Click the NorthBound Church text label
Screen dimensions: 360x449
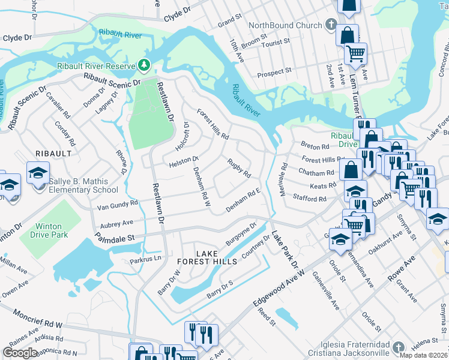point(285,25)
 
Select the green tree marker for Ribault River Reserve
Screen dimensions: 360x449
point(143,64)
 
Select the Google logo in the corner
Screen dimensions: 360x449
point(20,352)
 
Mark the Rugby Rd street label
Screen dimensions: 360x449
point(238,168)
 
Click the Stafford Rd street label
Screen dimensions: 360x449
point(309,197)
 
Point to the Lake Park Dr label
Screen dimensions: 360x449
point(285,250)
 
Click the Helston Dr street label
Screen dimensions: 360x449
point(183,161)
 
